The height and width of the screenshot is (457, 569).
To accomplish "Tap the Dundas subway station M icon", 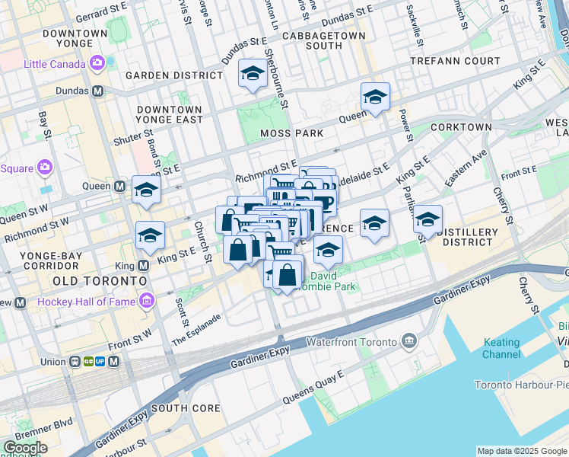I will click(x=97, y=91).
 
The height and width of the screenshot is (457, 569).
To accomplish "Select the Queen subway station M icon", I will click(x=119, y=186).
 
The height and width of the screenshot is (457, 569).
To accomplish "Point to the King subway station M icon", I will click(x=144, y=265).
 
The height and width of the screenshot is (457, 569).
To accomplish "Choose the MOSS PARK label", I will click(x=291, y=133).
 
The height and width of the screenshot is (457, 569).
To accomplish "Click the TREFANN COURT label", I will click(x=455, y=60).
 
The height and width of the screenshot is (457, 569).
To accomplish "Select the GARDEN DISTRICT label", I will click(x=174, y=75).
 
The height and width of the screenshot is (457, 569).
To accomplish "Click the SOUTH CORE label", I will click(x=185, y=407).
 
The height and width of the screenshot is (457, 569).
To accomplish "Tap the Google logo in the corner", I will click(x=24, y=448).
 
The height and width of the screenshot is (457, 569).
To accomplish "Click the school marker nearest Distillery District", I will click(x=428, y=219).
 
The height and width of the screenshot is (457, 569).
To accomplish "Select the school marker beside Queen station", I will click(x=146, y=190).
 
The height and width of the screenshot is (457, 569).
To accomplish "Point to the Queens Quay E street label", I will click(x=313, y=387).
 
